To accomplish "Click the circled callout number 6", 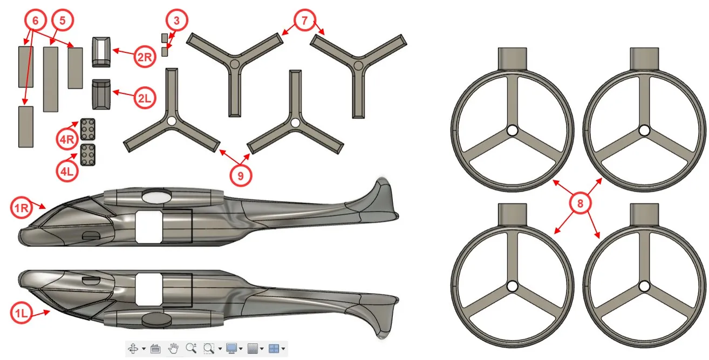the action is point(35,21).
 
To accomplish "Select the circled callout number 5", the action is point(63,21).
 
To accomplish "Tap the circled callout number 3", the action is point(176,21).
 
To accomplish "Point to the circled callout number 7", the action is point(304,21).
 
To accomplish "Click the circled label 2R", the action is point(145,57).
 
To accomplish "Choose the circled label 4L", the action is point(67,171).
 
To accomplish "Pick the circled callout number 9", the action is point(241,176).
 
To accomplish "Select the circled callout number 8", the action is point(580,203).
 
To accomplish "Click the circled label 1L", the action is point(22,313).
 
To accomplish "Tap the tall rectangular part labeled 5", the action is point(51,79).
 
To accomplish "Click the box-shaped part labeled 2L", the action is point(101,94).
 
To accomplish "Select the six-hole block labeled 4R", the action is point(87,129).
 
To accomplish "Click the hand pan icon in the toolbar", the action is point(173,348).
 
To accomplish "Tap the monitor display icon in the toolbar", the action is point(231,348).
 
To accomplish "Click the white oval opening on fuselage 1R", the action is point(156,196).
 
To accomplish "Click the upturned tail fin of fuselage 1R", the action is point(385,198).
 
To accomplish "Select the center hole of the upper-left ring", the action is point(512,130).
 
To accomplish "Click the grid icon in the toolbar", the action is point(253,348).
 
